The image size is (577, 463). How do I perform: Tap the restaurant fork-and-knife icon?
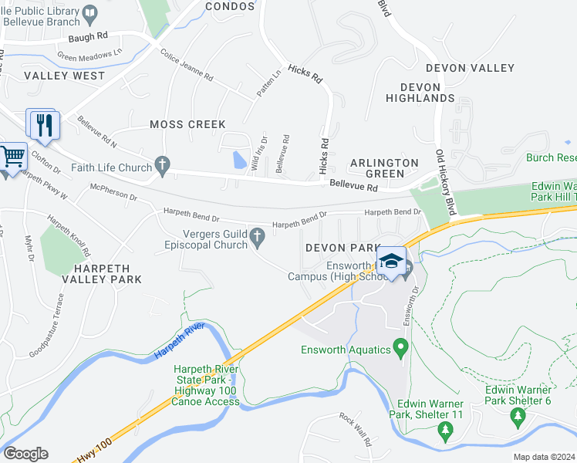[42, 124]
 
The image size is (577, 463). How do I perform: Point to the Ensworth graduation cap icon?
[391, 262]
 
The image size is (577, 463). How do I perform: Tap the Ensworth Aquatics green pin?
[400, 347]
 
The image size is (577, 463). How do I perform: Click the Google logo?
[25, 453]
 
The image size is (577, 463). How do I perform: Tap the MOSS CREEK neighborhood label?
[187, 124]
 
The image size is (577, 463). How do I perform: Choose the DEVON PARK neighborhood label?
[340, 248]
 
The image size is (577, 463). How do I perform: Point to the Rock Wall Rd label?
[356, 430]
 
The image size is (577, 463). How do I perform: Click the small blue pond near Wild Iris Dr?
[239, 160]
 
